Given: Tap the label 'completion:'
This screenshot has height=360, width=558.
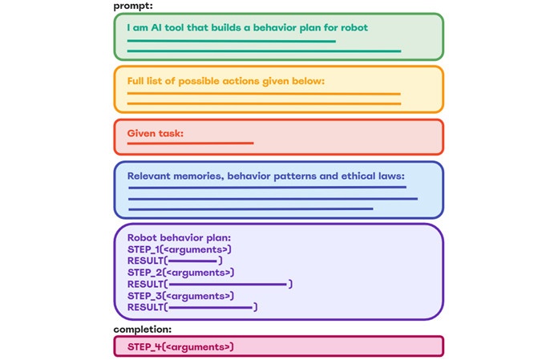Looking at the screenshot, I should [x=142, y=329].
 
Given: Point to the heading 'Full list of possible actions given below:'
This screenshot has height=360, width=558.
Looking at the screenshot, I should [x=225, y=81].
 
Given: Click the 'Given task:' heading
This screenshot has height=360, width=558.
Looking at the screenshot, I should [x=156, y=133].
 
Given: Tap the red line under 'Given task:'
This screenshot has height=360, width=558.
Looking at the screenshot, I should [x=190, y=144].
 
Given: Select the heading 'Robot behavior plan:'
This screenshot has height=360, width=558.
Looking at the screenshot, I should [x=179, y=238].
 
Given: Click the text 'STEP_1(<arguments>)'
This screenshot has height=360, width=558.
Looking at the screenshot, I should [x=180, y=249].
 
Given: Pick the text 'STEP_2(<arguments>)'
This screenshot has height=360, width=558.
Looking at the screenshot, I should [x=180, y=273].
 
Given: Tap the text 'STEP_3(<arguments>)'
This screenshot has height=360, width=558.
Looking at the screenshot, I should [x=180, y=296].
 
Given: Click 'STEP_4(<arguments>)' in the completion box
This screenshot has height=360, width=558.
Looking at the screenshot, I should [x=180, y=346].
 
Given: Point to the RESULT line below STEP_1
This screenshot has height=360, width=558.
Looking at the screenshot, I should [x=174, y=261].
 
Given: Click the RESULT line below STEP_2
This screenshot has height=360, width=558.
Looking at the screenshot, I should [x=209, y=284].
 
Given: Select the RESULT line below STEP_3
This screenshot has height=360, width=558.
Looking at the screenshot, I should [x=192, y=307].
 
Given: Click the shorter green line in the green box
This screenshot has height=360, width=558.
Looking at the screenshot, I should [x=231, y=40].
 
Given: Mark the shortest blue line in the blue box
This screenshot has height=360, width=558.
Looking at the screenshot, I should [x=250, y=209].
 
